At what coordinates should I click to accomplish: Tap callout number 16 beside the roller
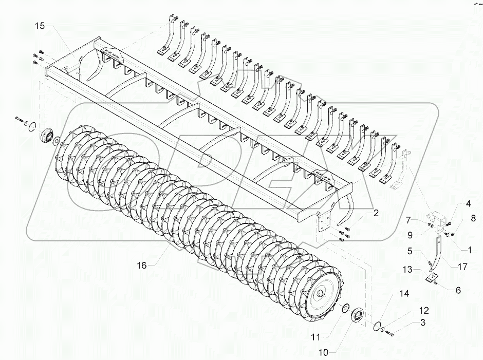[x=141, y=265]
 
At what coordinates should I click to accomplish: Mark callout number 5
[x=410, y=251]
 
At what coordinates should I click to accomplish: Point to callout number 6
[x=455, y=290]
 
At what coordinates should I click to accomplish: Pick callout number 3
[x=422, y=323]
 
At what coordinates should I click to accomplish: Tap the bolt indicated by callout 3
[x=389, y=332]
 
